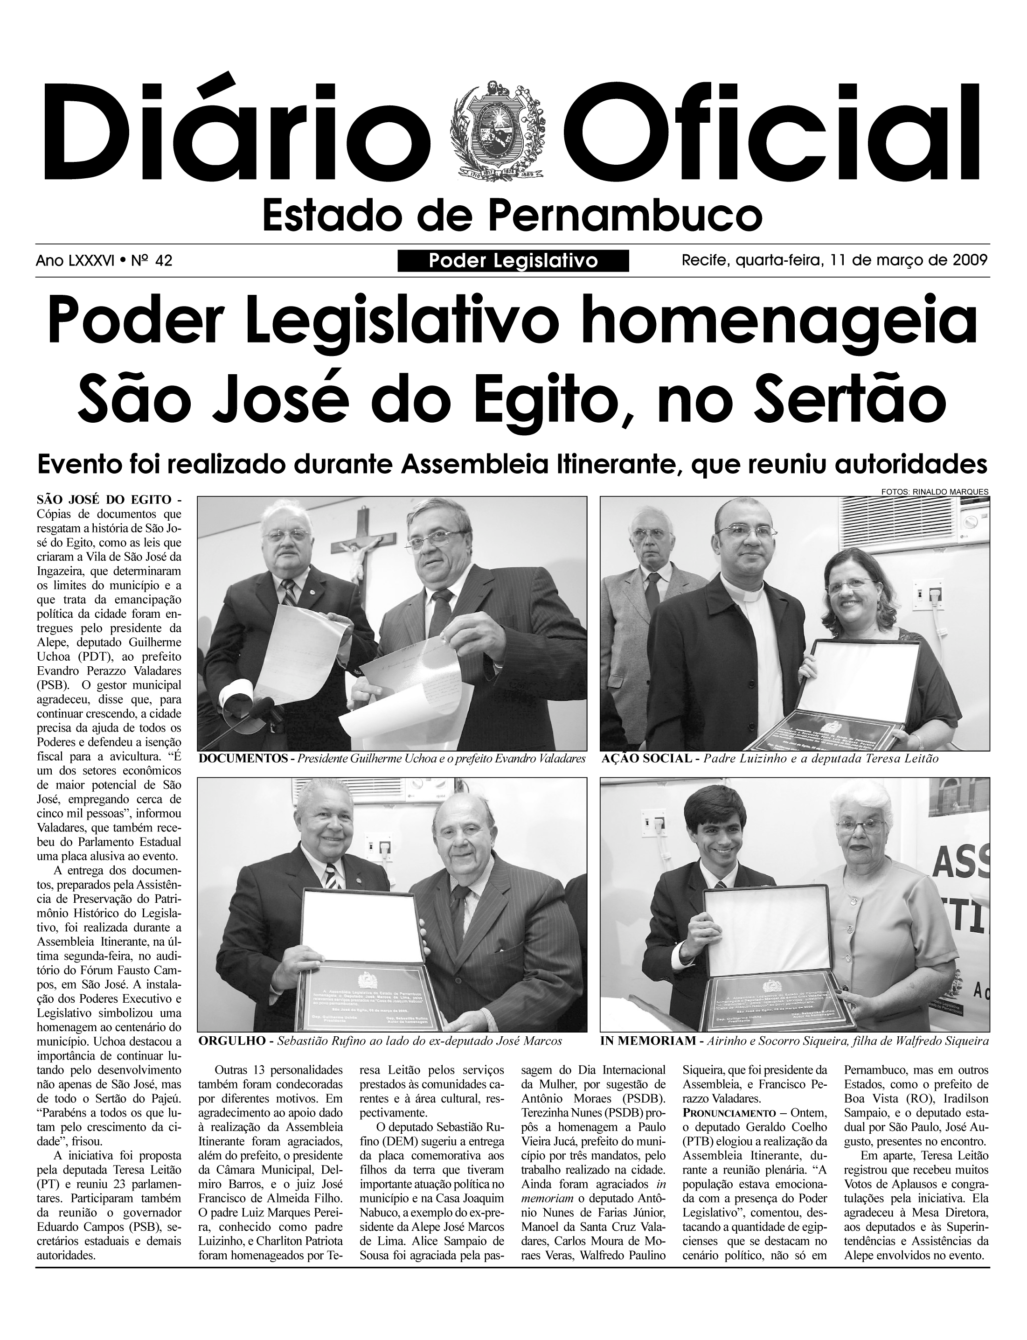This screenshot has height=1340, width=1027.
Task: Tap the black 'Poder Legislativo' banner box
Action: coord(513,261)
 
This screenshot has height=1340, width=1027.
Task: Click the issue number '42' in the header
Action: coord(163,261)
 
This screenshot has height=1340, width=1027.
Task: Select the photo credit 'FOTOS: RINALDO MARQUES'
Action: coord(934,491)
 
